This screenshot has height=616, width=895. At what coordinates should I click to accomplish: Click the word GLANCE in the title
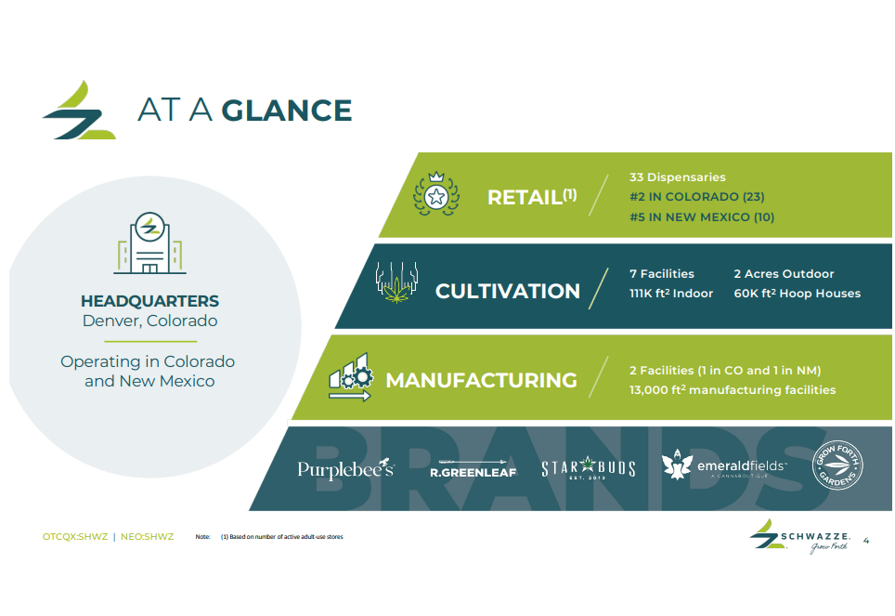[x=287, y=111]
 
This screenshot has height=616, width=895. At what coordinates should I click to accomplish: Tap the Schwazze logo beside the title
[x=79, y=111]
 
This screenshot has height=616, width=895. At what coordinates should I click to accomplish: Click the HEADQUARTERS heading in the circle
[x=149, y=301]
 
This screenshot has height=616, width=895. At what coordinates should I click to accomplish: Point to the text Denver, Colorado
[x=149, y=321]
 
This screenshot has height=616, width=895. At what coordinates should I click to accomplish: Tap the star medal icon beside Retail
[x=435, y=195]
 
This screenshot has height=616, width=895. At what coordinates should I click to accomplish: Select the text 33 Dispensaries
[x=677, y=177]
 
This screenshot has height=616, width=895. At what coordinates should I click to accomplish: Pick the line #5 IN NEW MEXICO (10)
[x=701, y=217]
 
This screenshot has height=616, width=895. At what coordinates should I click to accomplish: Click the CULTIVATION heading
[x=507, y=291]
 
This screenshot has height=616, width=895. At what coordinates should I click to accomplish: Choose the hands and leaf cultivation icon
[x=397, y=283]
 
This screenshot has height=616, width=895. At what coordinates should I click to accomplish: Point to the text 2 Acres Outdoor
[x=784, y=274]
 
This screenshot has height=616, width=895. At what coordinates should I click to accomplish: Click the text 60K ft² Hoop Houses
[x=797, y=294]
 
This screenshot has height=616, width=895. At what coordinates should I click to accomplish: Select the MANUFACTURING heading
[x=481, y=380]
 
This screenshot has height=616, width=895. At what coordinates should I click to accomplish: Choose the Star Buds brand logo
[x=588, y=468]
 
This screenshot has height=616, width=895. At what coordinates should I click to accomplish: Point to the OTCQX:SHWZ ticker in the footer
[x=75, y=537]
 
